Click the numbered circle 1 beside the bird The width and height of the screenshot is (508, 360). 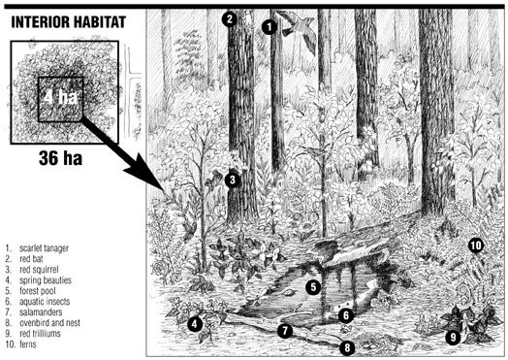tap(270, 27)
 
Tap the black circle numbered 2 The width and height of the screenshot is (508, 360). tap(230, 19)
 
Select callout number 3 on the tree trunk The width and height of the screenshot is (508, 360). tap(233, 180)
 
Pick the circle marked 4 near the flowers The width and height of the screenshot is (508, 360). tap(195, 324)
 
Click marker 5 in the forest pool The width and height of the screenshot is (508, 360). tap(313, 287)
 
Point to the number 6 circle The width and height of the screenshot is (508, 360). tap(346, 315)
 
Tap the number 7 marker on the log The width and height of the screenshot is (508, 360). tap(285, 331)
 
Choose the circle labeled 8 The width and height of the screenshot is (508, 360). tap(347, 348)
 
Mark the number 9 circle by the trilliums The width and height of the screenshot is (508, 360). tap(453, 338)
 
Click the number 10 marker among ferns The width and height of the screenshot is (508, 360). tap(476, 245)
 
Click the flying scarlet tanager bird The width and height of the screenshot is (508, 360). tap(298, 29)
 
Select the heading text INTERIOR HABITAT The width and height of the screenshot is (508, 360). tap(69, 22)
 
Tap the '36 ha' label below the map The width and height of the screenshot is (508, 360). tap(60, 158)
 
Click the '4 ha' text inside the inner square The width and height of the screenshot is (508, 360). tap(60, 96)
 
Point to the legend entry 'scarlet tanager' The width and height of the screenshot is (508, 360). tap(44, 248)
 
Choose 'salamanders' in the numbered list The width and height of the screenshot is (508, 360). tap(41, 312)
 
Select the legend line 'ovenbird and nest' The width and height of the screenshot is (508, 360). tap(49, 323)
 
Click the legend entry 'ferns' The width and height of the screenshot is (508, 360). tap(28, 344)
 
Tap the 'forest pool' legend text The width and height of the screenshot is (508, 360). tap(38, 291)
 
